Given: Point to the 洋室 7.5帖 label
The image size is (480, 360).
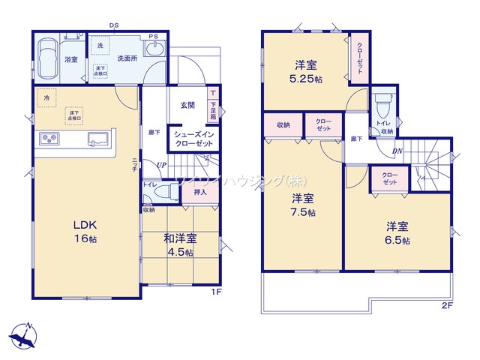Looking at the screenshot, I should (x=303, y=205).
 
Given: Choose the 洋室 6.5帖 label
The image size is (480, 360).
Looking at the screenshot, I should (x=397, y=232).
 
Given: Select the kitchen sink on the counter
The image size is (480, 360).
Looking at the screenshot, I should (x=98, y=139).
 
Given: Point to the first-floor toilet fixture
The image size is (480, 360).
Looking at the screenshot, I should (x=160, y=192).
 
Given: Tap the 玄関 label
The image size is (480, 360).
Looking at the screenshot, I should (x=187, y=105).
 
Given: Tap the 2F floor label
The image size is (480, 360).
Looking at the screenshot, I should (x=448, y=305).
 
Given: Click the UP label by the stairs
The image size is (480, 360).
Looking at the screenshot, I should (x=161, y=166).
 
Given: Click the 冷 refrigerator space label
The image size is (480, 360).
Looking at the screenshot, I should (x=46, y=97).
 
